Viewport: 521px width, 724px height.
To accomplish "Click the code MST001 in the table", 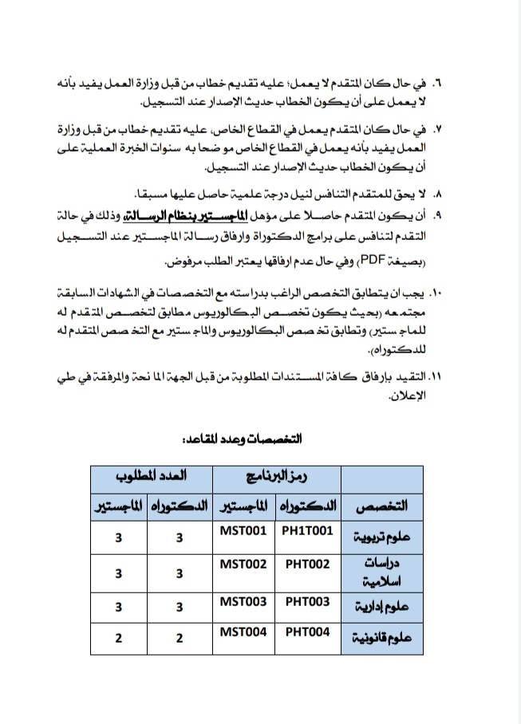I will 243,529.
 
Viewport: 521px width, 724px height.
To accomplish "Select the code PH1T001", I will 307,529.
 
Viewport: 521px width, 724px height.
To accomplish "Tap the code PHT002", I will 307,564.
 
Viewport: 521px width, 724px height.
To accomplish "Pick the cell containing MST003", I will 243,602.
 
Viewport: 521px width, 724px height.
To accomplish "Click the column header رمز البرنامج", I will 277,475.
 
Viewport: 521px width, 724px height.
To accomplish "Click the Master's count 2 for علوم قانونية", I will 118,638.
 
